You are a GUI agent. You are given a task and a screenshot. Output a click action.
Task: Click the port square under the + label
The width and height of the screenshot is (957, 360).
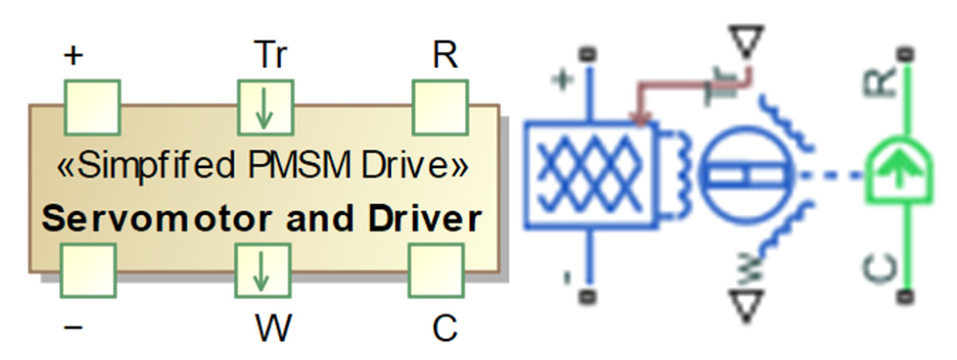(x=92, y=108)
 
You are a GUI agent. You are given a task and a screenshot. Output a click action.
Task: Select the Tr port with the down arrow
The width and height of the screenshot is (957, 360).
(x=266, y=108)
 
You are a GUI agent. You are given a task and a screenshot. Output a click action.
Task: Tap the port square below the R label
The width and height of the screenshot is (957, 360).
(x=440, y=108)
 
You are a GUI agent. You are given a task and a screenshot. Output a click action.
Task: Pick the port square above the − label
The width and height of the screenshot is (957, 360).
(x=89, y=270)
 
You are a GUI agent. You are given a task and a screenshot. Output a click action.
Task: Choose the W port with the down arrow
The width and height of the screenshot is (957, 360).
(x=263, y=270)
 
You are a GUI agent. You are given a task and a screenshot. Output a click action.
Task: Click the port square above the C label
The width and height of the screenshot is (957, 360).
(x=436, y=270)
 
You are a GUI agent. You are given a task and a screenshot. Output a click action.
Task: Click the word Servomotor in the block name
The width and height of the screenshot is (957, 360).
(x=156, y=219)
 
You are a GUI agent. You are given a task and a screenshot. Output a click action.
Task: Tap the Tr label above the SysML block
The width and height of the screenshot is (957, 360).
(x=270, y=55)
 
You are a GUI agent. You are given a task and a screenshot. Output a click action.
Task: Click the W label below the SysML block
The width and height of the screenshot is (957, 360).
(x=273, y=327)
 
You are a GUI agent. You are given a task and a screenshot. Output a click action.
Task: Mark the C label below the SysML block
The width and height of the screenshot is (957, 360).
(x=445, y=327)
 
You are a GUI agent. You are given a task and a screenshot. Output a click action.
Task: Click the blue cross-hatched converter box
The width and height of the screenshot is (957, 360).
(x=590, y=175)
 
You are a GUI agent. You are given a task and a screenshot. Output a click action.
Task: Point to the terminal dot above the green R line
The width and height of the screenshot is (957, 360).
(x=906, y=53)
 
